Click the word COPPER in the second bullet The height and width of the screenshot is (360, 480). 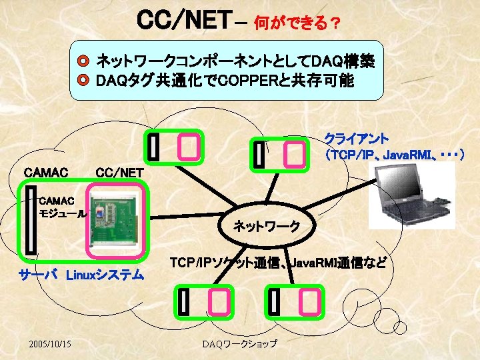click(246, 81)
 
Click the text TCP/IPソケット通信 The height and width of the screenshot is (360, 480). click(221, 262)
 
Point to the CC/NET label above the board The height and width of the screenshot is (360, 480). click(120, 173)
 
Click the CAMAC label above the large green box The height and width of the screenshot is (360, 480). click(45, 173)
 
